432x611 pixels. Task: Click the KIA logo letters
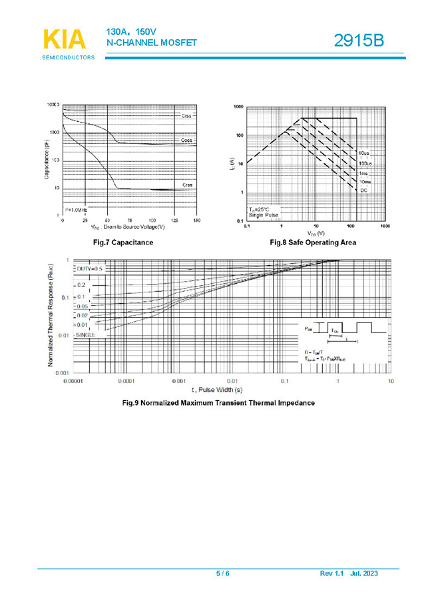coord(64,39)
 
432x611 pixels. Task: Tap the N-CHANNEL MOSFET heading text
coord(152,43)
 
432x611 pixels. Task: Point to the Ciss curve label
coord(186,116)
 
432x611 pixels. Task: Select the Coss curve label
coord(187,141)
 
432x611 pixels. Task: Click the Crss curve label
coord(188,185)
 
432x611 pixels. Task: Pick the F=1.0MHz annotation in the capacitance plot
coord(76,209)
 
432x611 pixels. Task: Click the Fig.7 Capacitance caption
coord(122,243)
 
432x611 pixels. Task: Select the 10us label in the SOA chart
coord(363,154)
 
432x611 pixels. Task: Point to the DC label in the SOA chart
coord(364,191)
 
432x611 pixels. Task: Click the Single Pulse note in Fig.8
coord(264,215)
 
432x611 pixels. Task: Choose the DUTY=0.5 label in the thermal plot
coord(90,269)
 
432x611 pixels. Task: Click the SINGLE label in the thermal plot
coord(85,334)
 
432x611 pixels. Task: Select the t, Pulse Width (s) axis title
coord(217,389)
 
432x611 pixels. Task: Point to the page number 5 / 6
coord(222,574)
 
